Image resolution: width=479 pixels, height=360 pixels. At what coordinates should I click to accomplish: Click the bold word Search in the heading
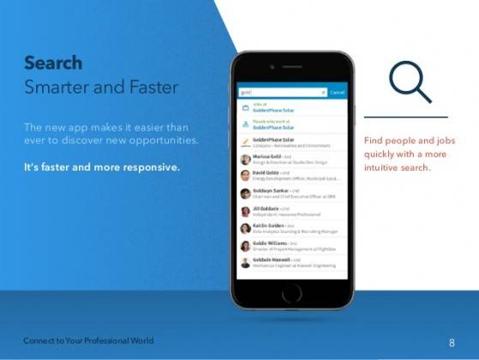pyautogui.click(x=53, y=63)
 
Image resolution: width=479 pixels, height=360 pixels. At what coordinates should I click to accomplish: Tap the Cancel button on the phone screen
pyautogui.click(x=337, y=92)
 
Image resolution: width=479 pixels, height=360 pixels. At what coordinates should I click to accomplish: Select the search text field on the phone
pyautogui.click(x=281, y=92)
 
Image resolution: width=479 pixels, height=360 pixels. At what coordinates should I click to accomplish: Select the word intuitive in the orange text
pyautogui.click(x=381, y=167)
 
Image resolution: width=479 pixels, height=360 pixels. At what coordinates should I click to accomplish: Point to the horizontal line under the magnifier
pyautogui.click(x=405, y=117)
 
